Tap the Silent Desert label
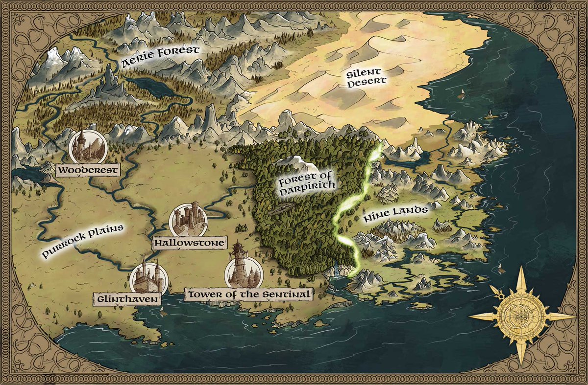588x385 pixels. click(x=367, y=78)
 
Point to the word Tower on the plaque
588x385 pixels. click(x=202, y=294)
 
